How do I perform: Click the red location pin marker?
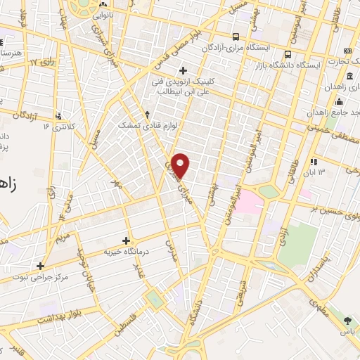pyautogui.click(x=181, y=165)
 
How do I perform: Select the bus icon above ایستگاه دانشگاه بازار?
pyautogui.click(x=287, y=55)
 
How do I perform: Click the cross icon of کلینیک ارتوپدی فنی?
pyautogui.click(x=184, y=70)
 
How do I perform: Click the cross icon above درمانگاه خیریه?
pyautogui.click(x=127, y=240)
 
